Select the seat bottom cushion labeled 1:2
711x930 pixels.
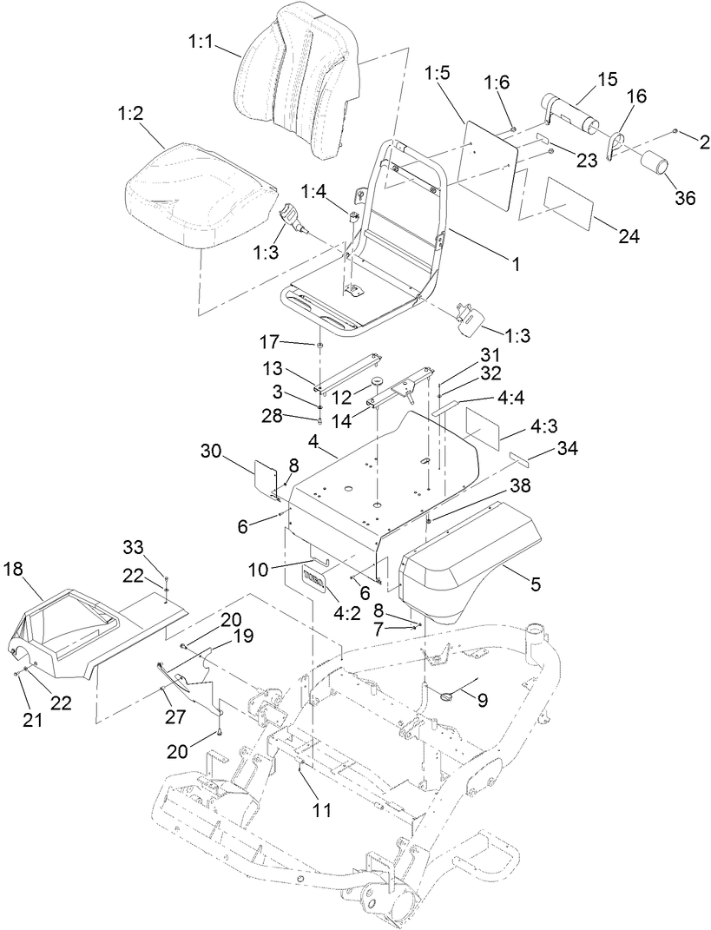(x=195, y=195)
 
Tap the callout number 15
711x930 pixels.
(x=607, y=79)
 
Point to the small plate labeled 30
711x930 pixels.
(x=265, y=476)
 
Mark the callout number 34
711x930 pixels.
(x=565, y=449)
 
